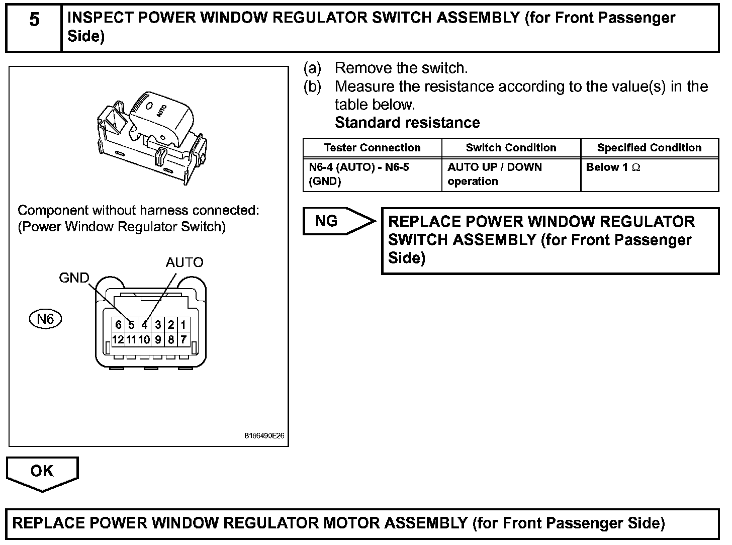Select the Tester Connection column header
372,148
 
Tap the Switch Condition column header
511,148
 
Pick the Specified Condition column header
649,148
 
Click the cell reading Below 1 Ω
613,167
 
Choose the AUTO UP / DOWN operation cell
495,174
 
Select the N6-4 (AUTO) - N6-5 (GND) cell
358,174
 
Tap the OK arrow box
42,472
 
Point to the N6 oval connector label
45,319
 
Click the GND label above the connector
74,278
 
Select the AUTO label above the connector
185,262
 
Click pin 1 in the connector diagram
184,325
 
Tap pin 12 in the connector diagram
118,339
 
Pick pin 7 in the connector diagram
184,339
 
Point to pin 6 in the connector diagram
118,325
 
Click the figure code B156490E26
264,436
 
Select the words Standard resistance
407,123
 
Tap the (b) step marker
312,86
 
